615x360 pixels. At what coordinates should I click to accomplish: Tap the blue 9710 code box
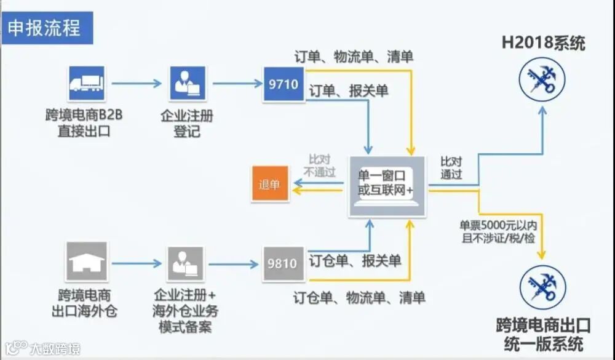pos(284,84)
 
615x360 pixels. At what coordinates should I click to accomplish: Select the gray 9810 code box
pos(283,264)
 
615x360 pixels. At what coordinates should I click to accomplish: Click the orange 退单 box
pos(269,184)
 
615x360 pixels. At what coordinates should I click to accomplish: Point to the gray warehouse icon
pos(87,262)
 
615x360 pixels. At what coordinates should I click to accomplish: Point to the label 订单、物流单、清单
pos(354,57)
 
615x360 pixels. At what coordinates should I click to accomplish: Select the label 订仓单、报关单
pos(355,261)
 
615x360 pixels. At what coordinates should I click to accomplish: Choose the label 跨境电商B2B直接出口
pos(85,122)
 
